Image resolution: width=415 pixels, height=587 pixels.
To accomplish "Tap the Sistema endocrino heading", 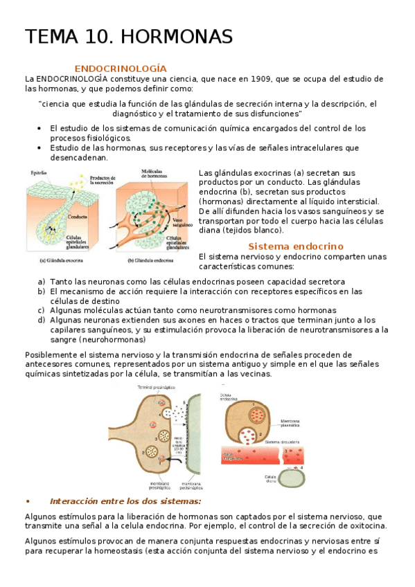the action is coord(296,246).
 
